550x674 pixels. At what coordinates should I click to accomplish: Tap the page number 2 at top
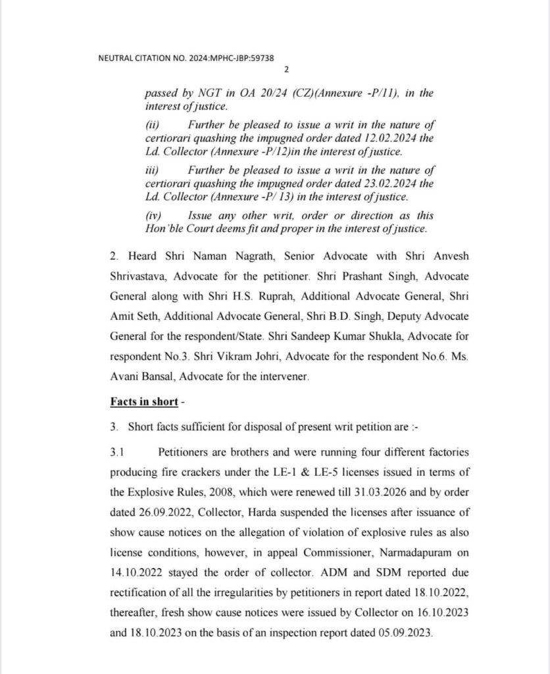pyautogui.click(x=286, y=70)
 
